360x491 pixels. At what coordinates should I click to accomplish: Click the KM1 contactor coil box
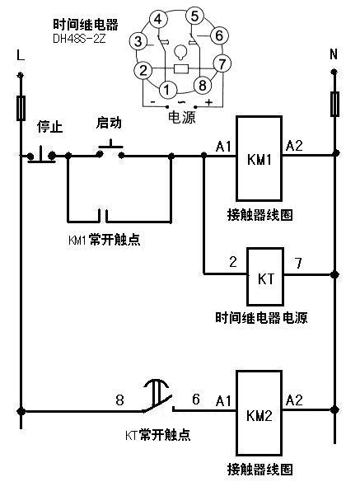[x=259, y=158]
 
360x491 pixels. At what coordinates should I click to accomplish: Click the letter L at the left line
[x=20, y=55]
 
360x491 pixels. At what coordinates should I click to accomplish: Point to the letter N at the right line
[x=334, y=55]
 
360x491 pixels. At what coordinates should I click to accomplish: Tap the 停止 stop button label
[x=50, y=127]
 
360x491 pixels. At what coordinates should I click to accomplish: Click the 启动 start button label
[x=109, y=123]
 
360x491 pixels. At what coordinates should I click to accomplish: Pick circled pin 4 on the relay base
[x=159, y=19]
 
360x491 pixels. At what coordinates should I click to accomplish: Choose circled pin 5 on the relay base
[x=194, y=16]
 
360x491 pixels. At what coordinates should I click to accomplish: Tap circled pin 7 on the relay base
[x=220, y=63]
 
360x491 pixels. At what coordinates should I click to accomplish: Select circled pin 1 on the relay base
[x=166, y=88]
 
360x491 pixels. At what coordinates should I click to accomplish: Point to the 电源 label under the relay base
[x=181, y=118]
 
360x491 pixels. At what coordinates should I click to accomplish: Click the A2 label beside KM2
[x=295, y=400]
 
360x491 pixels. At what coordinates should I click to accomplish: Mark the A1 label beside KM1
[x=223, y=147]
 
